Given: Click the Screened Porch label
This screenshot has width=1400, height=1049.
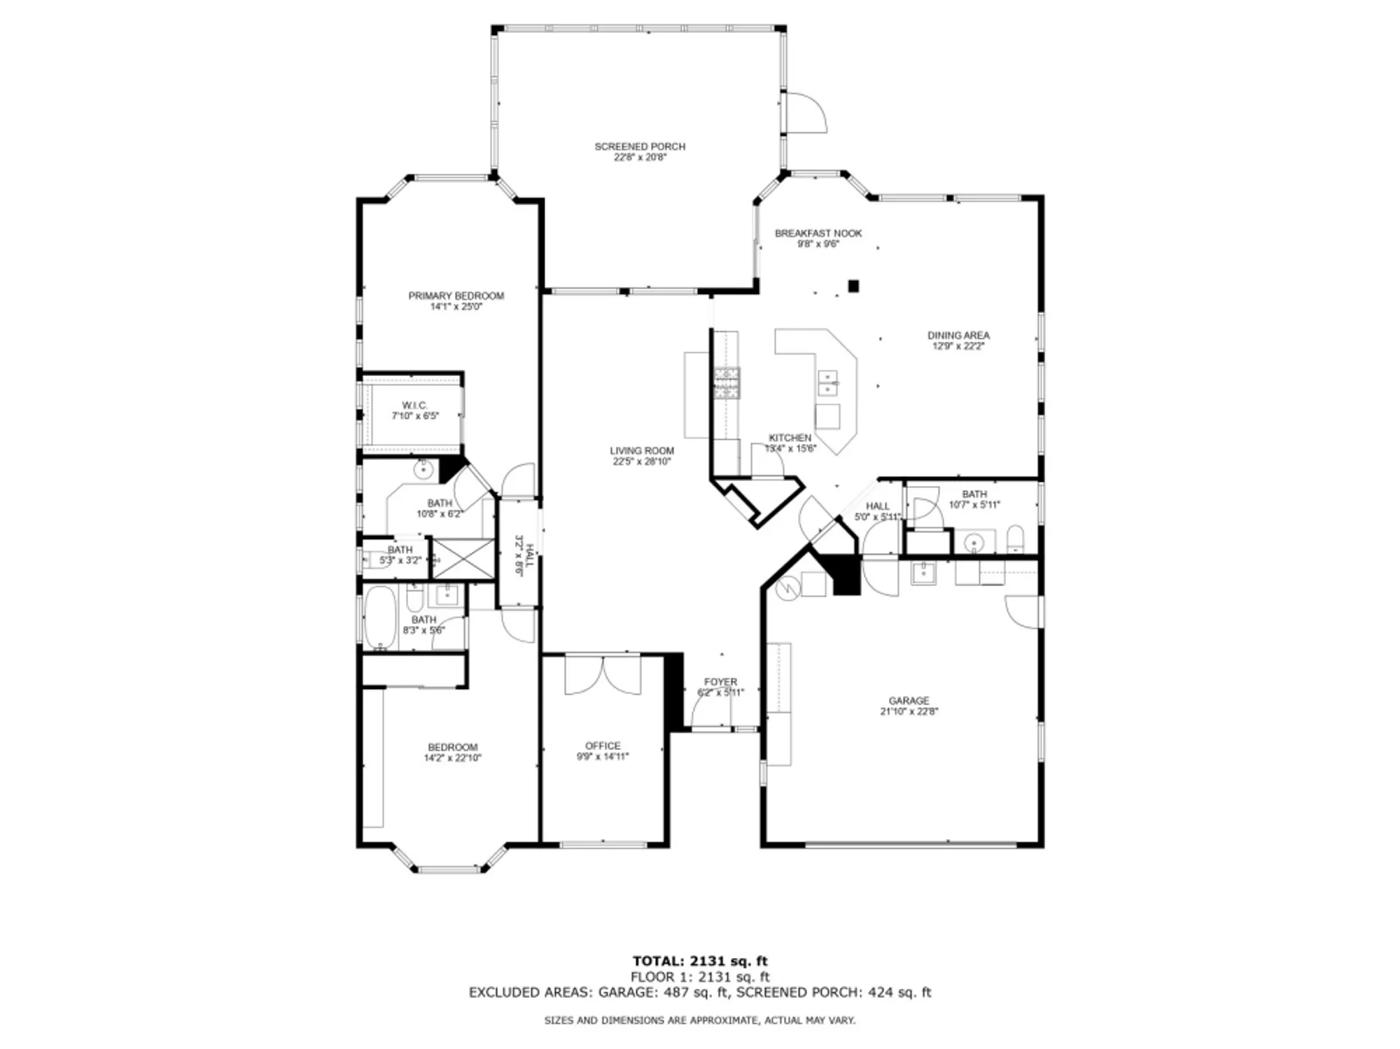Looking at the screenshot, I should (x=639, y=146).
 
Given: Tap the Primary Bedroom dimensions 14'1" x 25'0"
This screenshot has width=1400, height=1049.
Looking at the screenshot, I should (x=456, y=307).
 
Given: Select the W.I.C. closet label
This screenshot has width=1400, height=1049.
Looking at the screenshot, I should (x=414, y=405).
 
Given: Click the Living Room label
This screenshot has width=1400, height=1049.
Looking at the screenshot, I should (x=641, y=451).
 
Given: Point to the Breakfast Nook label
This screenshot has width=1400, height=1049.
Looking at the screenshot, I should (x=818, y=233).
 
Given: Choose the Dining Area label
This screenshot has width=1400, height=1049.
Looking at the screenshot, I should (x=958, y=335).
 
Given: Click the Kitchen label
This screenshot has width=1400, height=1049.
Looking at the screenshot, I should (x=790, y=438).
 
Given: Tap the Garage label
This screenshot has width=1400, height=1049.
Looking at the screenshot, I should (x=909, y=700).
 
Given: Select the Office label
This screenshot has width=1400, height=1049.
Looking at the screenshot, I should (x=603, y=746).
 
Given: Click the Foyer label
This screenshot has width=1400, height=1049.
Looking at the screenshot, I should (x=720, y=681).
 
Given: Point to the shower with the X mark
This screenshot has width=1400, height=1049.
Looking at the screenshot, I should (x=463, y=558).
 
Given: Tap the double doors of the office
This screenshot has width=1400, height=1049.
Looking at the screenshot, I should (x=603, y=675).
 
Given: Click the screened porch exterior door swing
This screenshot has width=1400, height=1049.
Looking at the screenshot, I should (x=805, y=112).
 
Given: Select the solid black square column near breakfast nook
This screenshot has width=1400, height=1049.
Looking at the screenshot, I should (x=853, y=286).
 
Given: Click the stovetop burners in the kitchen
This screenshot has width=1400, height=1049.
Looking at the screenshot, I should (x=727, y=383).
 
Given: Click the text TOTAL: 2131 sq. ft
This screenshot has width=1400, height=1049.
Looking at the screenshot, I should (x=699, y=961).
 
